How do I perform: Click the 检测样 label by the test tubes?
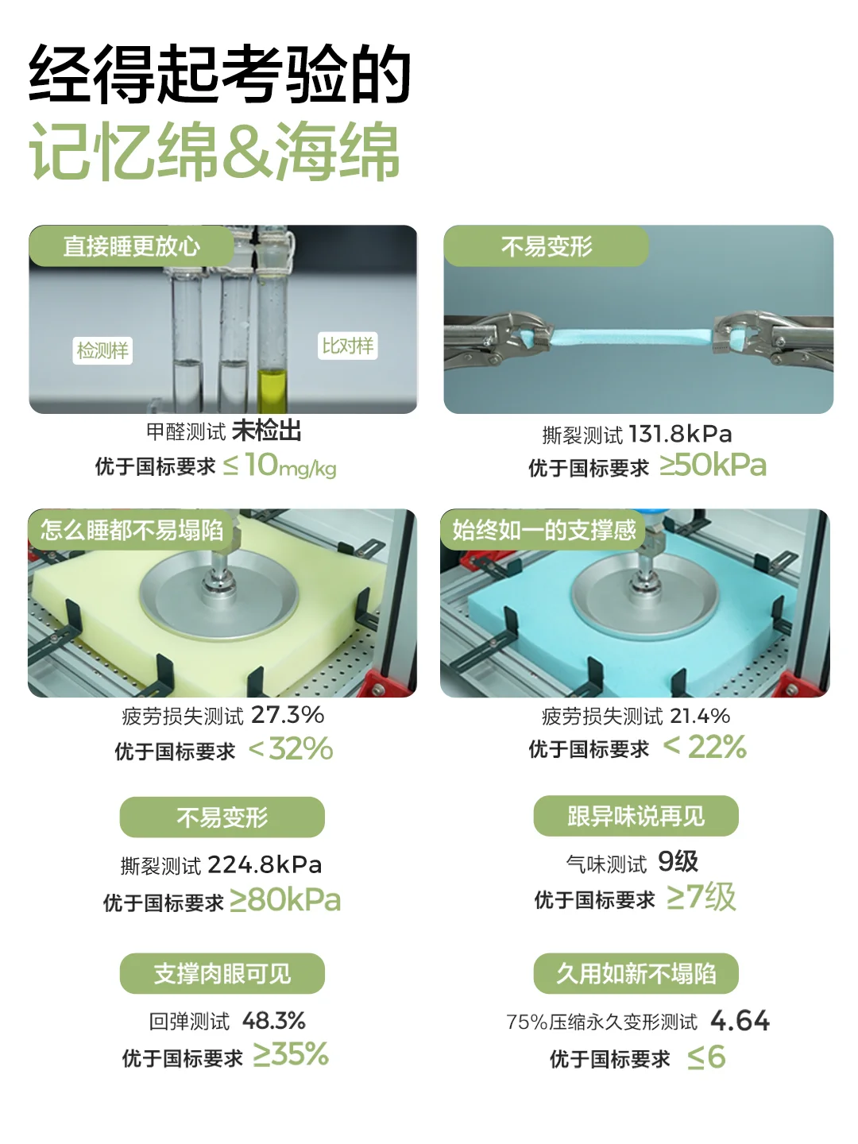(102, 350)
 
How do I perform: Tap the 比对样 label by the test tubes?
(347, 346)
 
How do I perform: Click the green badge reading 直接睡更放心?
(131, 246)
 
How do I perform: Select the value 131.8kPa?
(680, 434)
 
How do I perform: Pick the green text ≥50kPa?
(713, 465)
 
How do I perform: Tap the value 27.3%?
(288, 714)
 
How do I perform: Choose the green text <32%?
(291, 748)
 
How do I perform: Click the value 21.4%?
(700, 716)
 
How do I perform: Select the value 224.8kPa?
(265, 865)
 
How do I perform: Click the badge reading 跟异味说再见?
(636, 816)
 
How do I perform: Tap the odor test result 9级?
(678, 861)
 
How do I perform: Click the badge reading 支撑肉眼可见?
(222, 973)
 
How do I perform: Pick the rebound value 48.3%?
(274, 1021)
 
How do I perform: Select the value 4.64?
(740, 1021)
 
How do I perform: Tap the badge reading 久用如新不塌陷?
(636, 973)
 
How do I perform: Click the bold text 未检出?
(266, 431)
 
